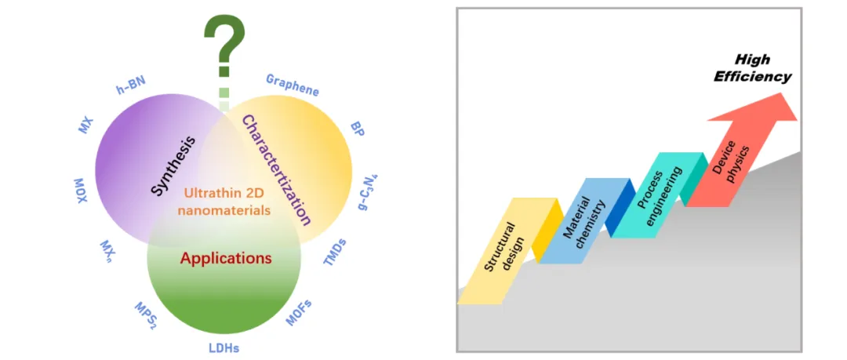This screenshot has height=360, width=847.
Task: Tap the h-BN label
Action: [x=131, y=88]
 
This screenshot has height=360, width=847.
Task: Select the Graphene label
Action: [x=292, y=85]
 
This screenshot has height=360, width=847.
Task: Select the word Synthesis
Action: [x=173, y=165]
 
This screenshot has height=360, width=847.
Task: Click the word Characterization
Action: [x=274, y=169]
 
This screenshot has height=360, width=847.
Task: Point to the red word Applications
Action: [x=226, y=257]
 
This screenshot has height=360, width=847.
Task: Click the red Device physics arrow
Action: [x=729, y=165]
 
